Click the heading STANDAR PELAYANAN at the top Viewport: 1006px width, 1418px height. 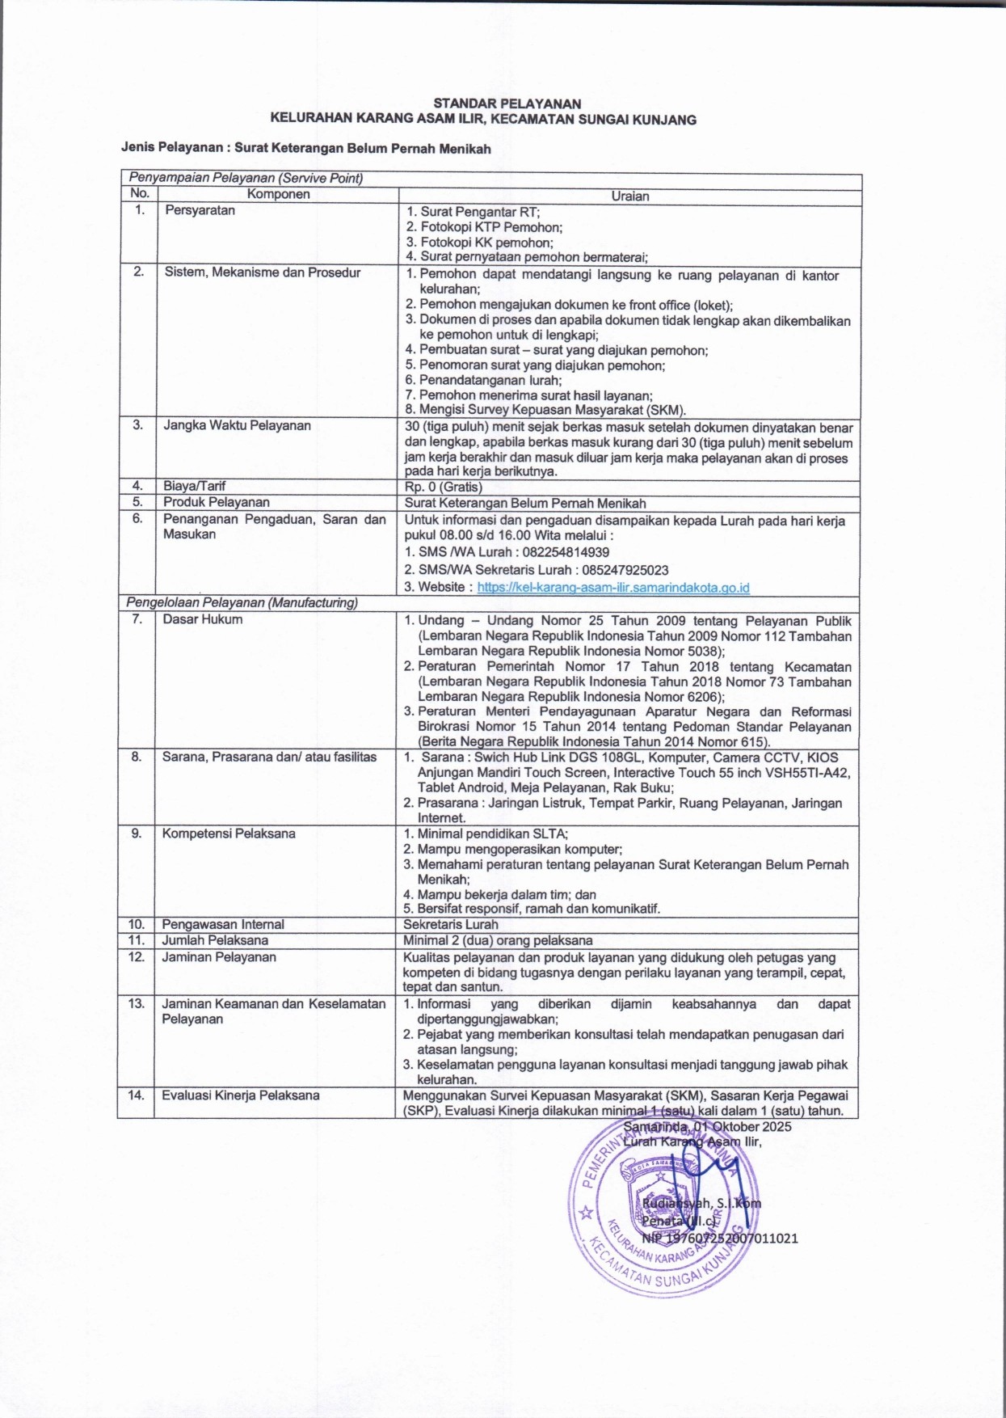[x=507, y=103]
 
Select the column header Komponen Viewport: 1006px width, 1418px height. [x=278, y=195]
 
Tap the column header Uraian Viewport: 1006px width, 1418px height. [x=630, y=196]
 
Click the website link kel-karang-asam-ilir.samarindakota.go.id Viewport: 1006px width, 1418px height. [x=612, y=588]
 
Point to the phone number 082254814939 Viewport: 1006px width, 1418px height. [x=562, y=552]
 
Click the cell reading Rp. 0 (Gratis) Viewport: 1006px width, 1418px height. [x=444, y=487]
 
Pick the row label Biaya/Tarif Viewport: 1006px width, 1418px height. [x=194, y=486]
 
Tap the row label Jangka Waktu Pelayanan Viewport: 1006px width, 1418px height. [x=237, y=425]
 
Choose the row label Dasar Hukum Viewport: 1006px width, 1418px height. [x=202, y=619]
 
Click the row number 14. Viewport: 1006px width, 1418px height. [x=136, y=1095]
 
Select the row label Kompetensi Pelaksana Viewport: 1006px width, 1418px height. [x=229, y=833]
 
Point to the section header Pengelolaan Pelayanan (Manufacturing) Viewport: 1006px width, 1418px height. [x=242, y=603]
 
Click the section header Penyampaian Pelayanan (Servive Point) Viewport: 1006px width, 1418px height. [x=244, y=179]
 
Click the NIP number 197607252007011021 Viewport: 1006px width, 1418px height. [x=719, y=1238]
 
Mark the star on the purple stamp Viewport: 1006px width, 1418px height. [x=587, y=1213]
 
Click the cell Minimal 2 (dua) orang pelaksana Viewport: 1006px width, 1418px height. [x=498, y=940]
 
